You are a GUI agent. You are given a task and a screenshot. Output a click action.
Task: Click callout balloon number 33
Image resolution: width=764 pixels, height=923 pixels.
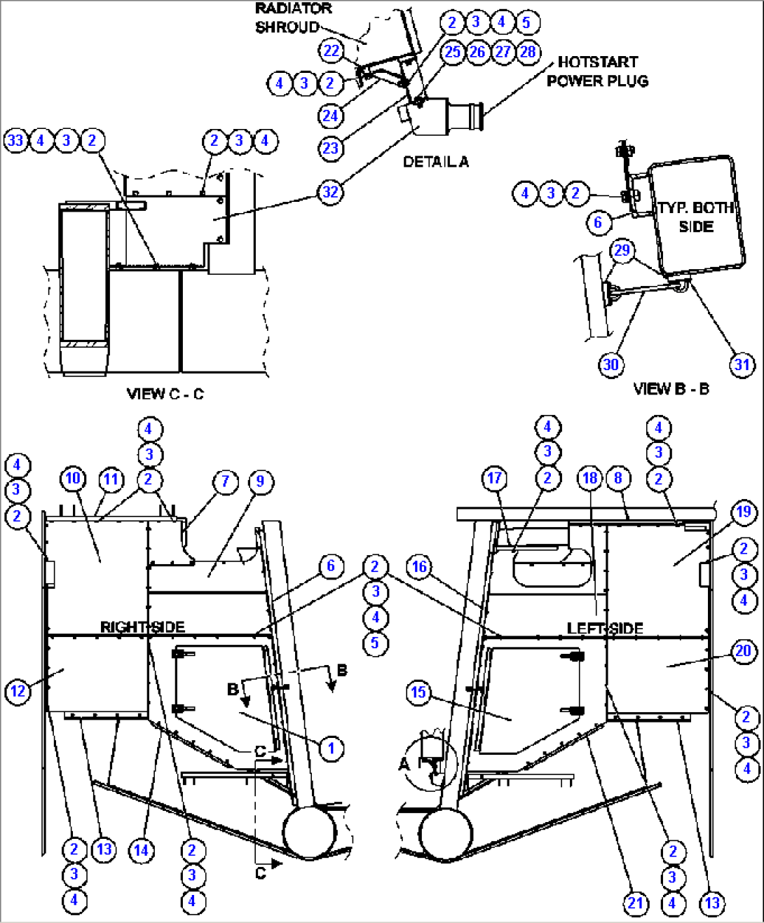[15, 140]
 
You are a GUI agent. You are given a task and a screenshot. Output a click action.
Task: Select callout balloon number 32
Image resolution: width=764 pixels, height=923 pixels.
[330, 191]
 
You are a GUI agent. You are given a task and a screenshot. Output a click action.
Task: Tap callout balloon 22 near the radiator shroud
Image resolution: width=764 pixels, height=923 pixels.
[332, 50]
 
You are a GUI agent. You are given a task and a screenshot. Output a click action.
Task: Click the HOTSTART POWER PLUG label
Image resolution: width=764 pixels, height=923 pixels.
[597, 71]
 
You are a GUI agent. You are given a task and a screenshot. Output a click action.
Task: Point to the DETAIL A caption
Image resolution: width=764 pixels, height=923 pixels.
[435, 162]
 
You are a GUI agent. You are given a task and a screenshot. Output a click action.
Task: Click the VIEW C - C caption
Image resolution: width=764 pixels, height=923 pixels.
[165, 394]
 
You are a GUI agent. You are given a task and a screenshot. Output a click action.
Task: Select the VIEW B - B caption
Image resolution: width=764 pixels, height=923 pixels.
[671, 388]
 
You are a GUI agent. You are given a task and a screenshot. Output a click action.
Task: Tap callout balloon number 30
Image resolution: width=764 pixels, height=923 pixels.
[611, 364]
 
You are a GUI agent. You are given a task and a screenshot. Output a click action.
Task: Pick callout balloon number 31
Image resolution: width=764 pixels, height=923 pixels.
[742, 364]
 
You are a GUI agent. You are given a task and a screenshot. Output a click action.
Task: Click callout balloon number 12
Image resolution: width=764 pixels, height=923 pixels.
[18, 692]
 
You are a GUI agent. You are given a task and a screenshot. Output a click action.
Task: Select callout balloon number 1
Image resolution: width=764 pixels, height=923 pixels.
[332, 748]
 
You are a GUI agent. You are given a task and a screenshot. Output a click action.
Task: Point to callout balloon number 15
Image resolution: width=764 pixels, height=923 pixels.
[418, 692]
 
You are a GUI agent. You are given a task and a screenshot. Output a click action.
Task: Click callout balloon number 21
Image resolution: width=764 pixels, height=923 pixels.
[636, 903]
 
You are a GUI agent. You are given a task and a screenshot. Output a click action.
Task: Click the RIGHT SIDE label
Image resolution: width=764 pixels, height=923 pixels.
[142, 627]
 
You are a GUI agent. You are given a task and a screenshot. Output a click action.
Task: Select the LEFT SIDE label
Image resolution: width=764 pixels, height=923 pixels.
[605, 628]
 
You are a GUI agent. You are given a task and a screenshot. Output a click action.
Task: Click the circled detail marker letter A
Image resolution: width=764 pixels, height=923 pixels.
[404, 763]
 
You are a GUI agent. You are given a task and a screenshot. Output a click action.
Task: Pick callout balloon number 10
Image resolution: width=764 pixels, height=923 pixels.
[73, 479]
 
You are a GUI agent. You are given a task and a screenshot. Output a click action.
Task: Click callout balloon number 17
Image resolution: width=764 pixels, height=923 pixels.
[494, 478]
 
